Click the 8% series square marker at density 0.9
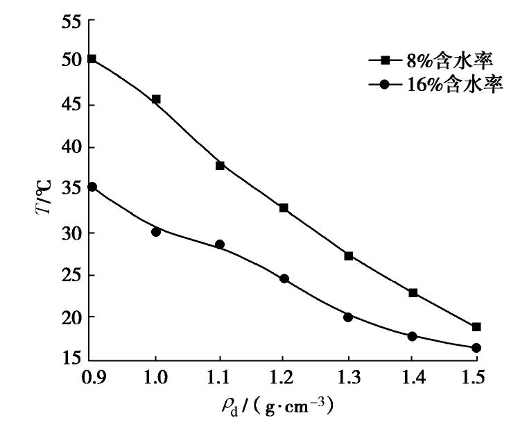[92, 59]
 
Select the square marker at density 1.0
[156, 99]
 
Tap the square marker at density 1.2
[284, 208]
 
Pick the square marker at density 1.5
[476, 326]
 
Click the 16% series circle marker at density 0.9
[92, 187]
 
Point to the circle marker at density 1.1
[220, 244]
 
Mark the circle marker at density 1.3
[348, 317]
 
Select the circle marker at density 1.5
[476, 348]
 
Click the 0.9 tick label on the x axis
[92, 378]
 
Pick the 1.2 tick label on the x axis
[284, 378]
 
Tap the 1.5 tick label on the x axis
[476, 378]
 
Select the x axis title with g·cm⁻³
[278, 407]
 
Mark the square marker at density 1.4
[413, 293]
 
